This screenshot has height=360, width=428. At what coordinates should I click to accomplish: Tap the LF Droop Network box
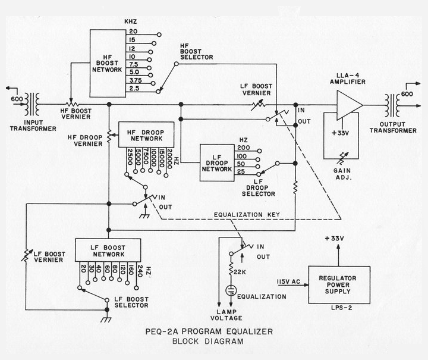(x=217, y=161)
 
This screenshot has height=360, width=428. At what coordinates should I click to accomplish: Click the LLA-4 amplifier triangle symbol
(x=349, y=105)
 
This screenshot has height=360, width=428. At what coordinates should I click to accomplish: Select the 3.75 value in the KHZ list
(x=134, y=81)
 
